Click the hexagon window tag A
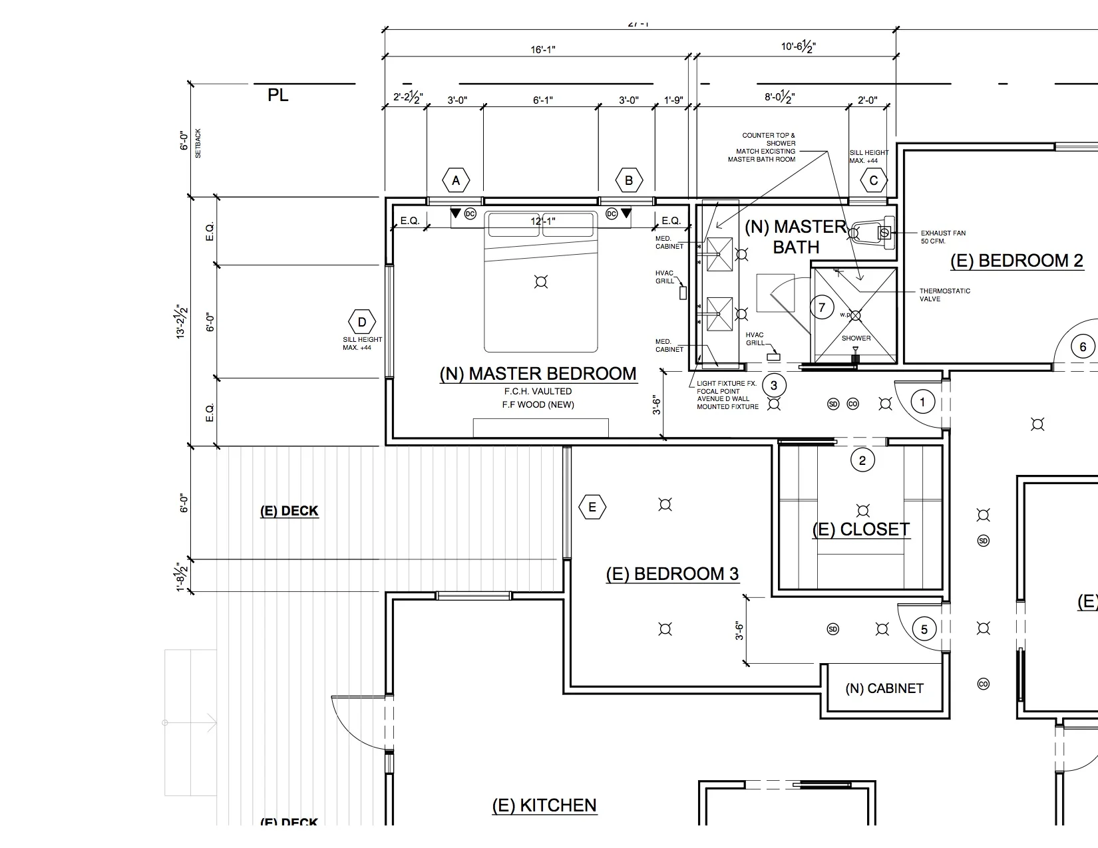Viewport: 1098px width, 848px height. click(456, 180)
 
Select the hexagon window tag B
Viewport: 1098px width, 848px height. click(629, 180)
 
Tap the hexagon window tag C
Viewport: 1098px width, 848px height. click(874, 180)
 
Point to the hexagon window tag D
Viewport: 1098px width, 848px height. click(362, 323)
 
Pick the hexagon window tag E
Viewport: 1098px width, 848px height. click(592, 508)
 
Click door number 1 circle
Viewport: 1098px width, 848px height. click(922, 402)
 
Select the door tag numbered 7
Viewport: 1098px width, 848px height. click(823, 307)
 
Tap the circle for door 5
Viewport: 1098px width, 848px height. click(924, 629)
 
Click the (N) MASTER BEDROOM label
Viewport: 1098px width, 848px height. click(538, 374)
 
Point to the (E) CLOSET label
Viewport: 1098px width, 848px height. click(860, 529)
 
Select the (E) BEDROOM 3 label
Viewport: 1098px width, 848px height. click(672, 574)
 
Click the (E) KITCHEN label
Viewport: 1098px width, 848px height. click(544, 805)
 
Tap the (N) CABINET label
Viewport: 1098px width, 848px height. click(884, 688)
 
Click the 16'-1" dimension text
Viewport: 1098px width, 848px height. click(542, 49)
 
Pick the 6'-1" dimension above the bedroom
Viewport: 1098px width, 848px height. click(543, 100)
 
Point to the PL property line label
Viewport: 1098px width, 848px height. click(278, 95)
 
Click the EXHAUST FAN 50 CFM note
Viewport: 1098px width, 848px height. click(943, 237)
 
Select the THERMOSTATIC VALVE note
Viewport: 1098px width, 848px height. click(944, 295)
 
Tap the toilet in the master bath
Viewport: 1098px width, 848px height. click(872, 233)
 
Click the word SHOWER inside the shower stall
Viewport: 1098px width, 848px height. click(856, 338)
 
